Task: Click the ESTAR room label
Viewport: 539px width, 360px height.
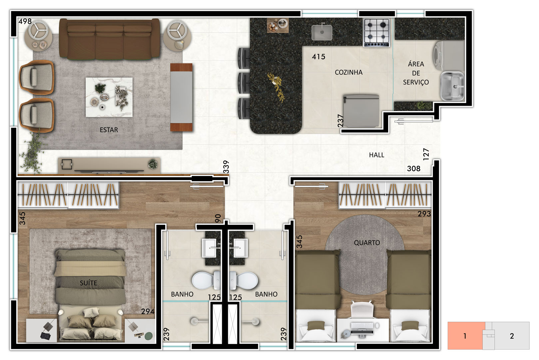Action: click(x=109, y=130)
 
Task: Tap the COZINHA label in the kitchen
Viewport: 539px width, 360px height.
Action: click(x=348, y=72)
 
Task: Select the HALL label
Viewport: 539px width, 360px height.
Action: click(x=376, y=155)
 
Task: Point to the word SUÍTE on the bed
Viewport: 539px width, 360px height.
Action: click(x=88, y=283)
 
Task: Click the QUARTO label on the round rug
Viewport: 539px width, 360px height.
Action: click(x=367, y=242)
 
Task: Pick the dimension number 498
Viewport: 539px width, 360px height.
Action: click(x=25, y=21)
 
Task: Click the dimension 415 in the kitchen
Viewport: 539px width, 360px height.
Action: click(x=318, y=57)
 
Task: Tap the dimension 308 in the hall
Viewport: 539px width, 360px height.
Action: click(x=414, y=169)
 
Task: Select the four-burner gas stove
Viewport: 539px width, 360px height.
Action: click(x=376, y=33)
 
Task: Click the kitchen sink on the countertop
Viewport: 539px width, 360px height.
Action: click(x=322, y=33)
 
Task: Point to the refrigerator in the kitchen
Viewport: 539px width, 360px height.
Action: click(x=361, y=111)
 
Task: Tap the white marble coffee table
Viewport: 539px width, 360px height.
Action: click(x=109, y=97)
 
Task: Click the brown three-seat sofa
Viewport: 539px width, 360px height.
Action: click(x=110, y=39)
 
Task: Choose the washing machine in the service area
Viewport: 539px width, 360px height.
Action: click(x=448, y=56)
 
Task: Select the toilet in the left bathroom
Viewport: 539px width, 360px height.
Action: click(x=206, y=281)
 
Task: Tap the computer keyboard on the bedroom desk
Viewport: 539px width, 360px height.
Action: click(x=362, y=326)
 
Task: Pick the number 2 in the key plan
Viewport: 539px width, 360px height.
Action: click(x=512, y=336)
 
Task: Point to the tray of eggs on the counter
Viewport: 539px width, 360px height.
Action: click(x=272, y=27)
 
